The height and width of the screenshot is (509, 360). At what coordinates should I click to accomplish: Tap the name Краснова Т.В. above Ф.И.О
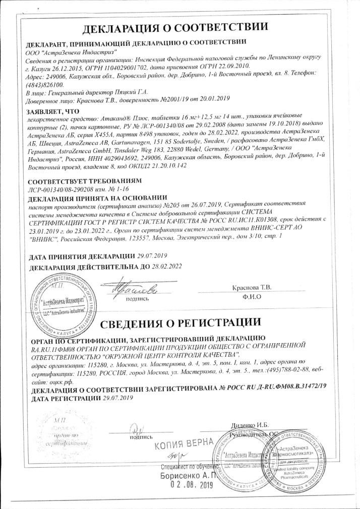point(251,287)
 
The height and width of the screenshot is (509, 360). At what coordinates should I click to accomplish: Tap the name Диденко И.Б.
point(251,425)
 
